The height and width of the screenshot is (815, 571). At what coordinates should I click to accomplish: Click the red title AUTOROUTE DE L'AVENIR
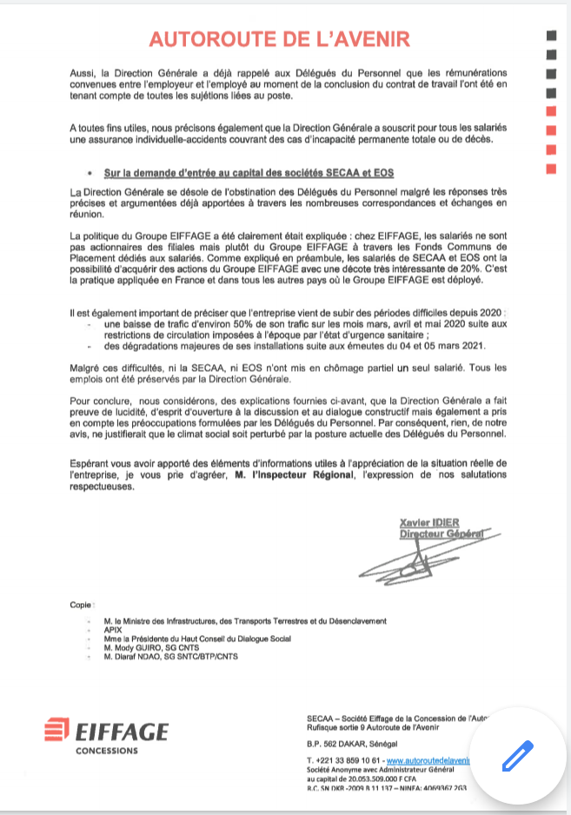pos(278,38)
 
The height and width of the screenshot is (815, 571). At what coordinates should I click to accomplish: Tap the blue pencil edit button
pos(516,755)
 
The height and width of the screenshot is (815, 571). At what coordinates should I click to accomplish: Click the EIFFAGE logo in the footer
pos(108,731)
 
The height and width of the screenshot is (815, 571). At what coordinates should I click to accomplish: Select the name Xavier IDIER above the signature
pos(428,522)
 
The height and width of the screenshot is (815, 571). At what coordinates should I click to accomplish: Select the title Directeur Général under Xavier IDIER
pos(440,533)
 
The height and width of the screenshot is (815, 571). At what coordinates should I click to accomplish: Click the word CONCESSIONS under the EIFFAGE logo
pos(107,750)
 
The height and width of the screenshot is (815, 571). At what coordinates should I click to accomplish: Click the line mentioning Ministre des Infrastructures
pos(244,621)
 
